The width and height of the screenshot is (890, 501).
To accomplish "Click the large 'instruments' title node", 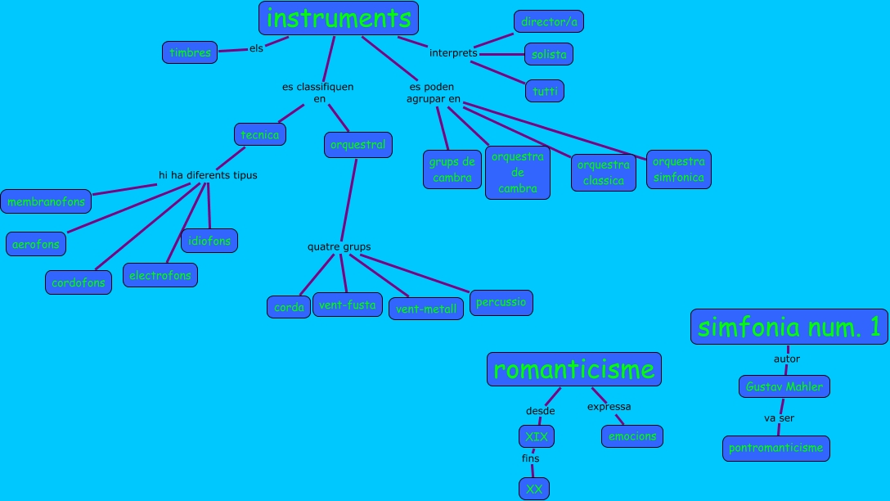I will (339, 18).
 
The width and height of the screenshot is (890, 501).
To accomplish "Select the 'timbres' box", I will (190, 52).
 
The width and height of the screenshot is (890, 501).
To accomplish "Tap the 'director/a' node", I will (549, 22).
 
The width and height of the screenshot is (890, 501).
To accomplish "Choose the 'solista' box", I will (548, 54).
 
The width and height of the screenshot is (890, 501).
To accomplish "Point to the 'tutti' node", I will (545, 91).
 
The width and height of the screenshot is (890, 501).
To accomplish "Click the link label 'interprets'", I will (453, 53).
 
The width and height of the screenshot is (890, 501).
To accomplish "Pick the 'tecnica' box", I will (259, 134).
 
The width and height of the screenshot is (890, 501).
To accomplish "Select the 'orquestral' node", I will (357, 145).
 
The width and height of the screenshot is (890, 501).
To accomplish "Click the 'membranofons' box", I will (47, 201).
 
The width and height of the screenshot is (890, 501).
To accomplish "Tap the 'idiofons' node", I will (209, 241).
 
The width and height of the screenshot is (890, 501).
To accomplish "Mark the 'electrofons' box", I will (160, 275).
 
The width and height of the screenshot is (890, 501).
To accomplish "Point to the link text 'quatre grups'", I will (339, 246).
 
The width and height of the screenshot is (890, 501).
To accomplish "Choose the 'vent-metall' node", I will (426, 309).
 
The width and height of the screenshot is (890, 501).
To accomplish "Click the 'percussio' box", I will (501, 302).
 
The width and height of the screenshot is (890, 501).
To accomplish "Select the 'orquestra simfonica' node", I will (678, 169).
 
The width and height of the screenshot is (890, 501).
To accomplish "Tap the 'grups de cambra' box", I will (452, 169).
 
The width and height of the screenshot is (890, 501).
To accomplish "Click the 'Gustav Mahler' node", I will (784, 386).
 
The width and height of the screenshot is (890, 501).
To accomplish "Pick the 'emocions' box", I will (632, 436).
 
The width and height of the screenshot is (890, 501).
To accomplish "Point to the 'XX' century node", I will (534, 489).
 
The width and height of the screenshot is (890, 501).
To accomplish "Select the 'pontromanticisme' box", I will (776, 448).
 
